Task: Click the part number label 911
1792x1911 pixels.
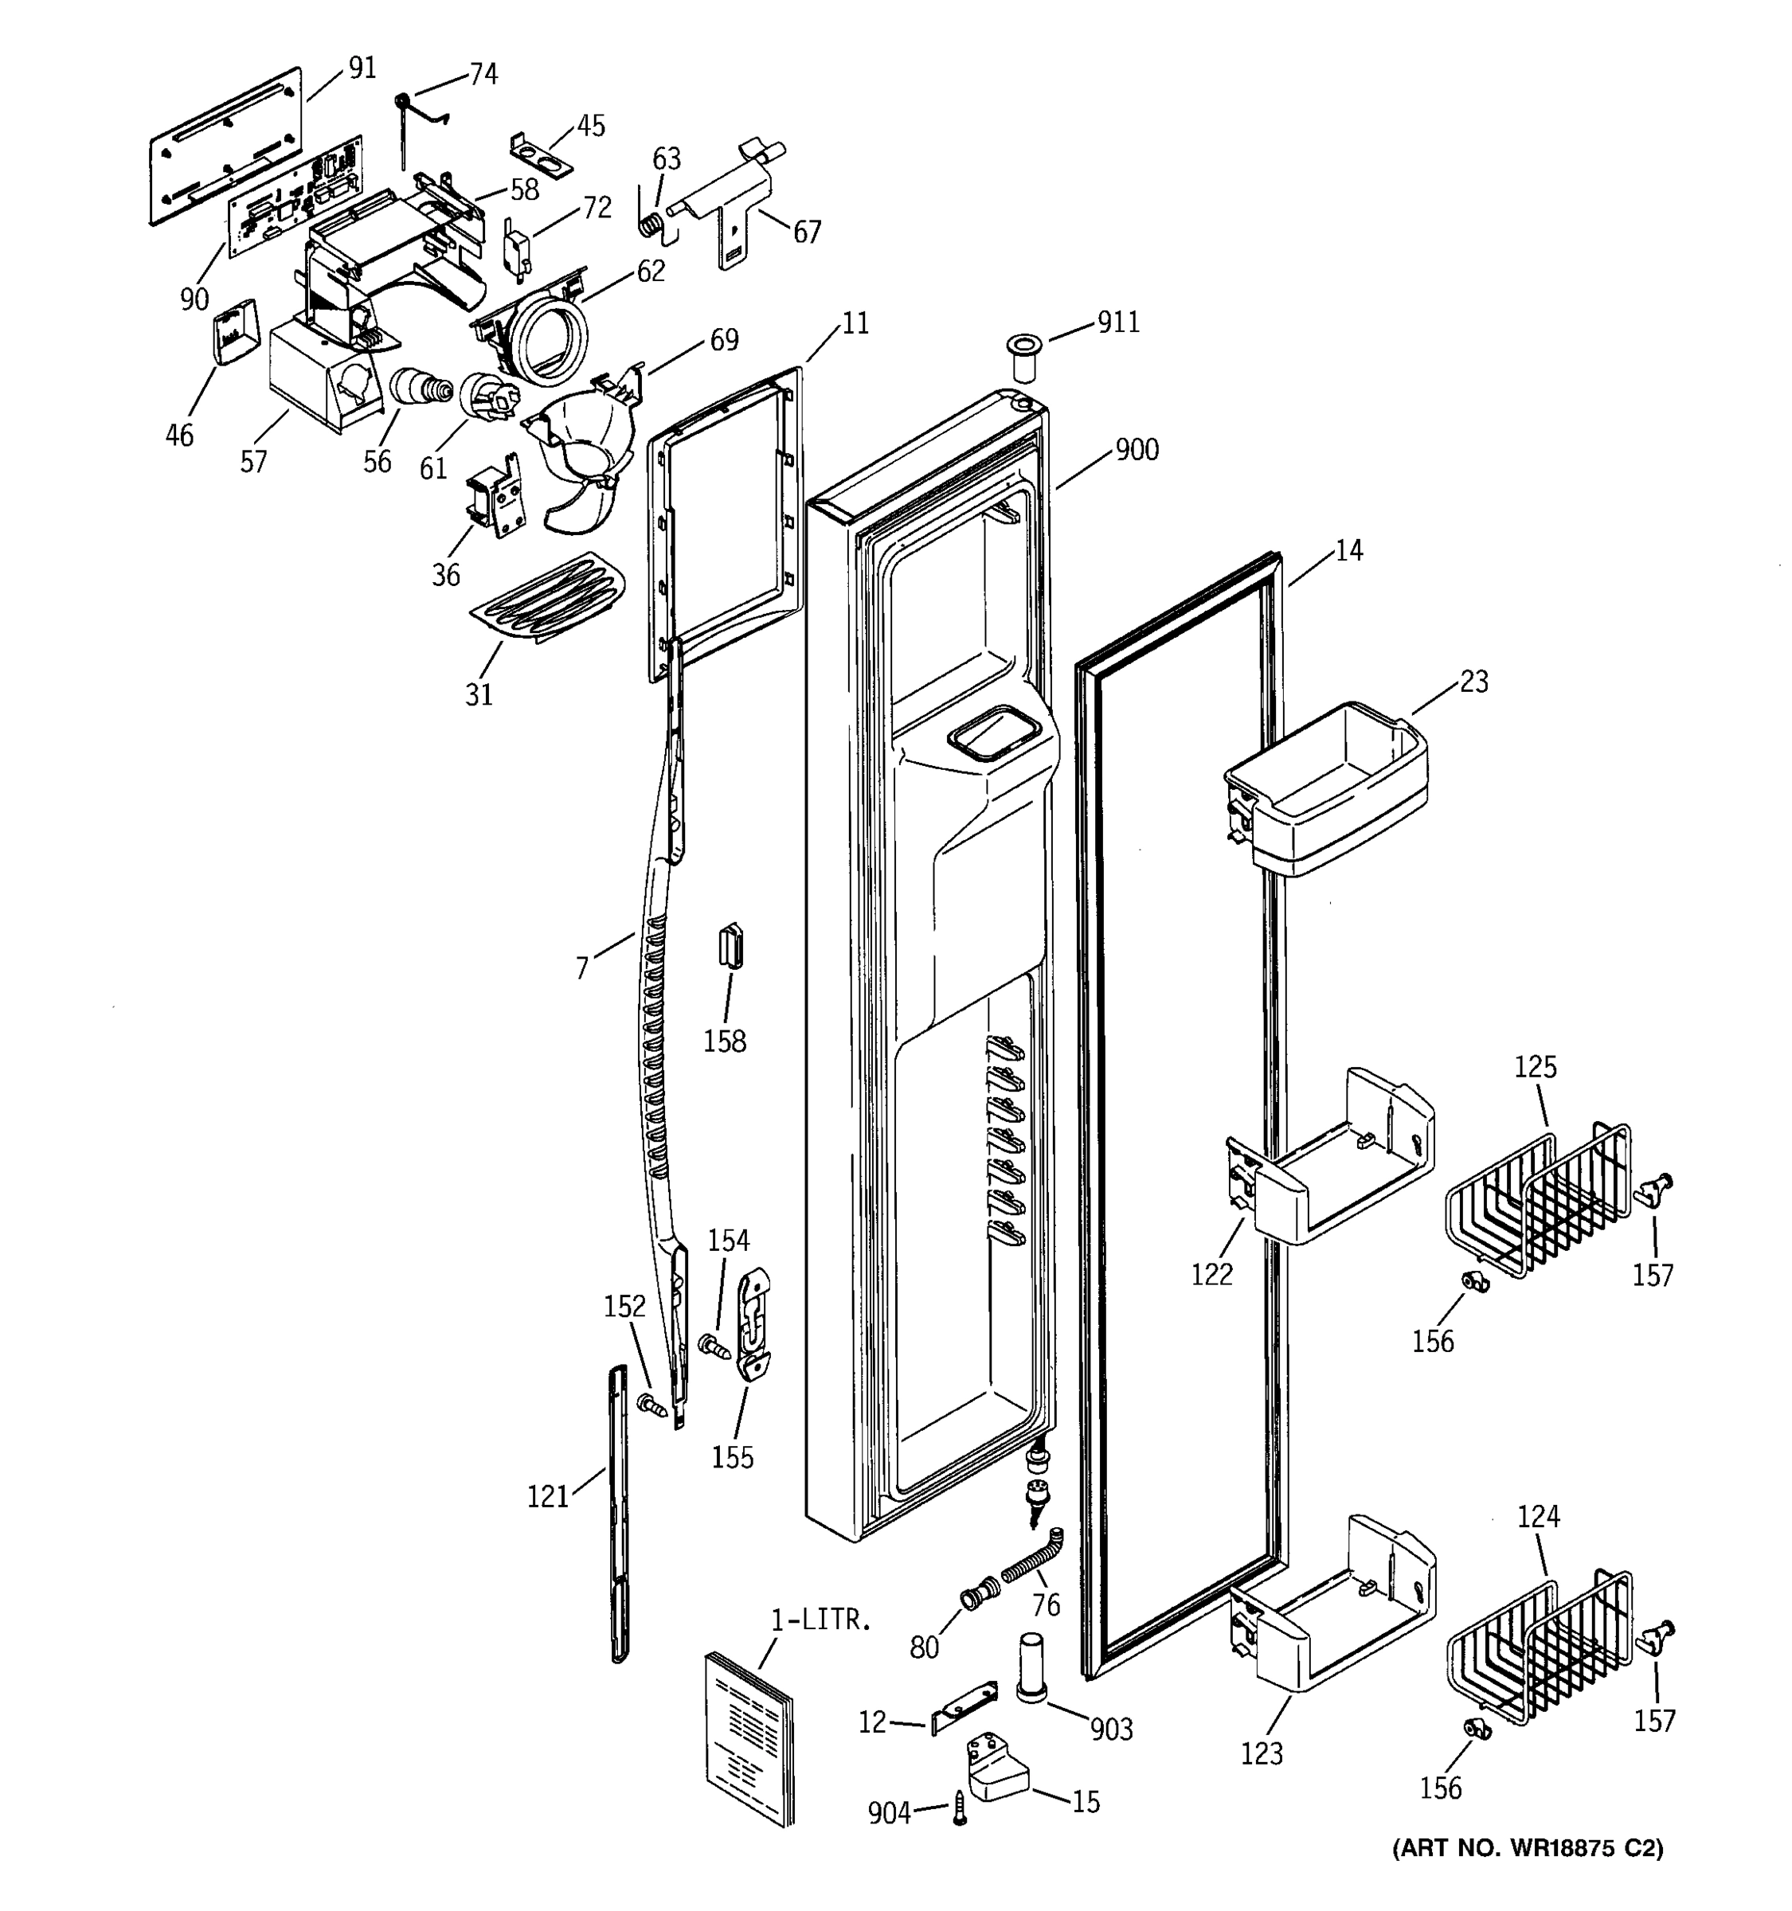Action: [1118, 322]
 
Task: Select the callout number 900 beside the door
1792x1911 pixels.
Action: [1137, 450]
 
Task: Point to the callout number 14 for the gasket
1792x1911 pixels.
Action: [1349, 550]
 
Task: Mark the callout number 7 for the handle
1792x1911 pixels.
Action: [581, 968]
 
